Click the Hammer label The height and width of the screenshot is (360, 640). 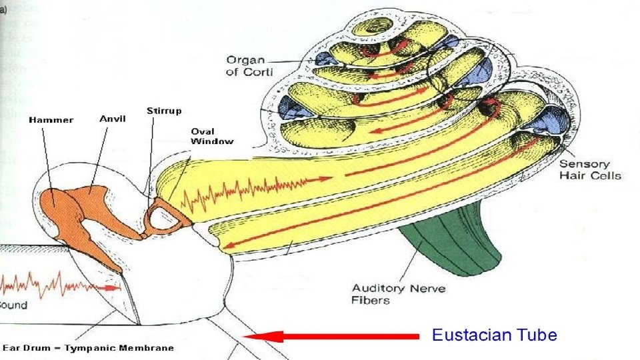[51, 120]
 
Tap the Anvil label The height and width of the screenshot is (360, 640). [113, 119]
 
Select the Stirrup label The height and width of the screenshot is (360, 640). [163, 110]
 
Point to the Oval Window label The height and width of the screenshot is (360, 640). [212, 136]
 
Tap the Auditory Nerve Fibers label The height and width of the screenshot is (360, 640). [398, 294]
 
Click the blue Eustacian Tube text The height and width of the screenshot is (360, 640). [494, 335]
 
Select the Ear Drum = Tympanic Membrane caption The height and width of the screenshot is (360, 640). [88, 348]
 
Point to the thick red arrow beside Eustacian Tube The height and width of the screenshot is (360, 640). [333, 336]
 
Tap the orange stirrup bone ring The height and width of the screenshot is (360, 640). [163, 215]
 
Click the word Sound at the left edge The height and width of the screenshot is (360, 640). [13, 305]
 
